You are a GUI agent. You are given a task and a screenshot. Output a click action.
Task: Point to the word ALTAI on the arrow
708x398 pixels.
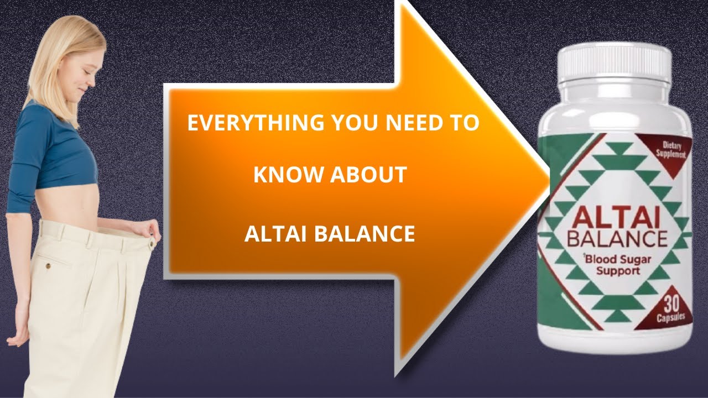(275, 234)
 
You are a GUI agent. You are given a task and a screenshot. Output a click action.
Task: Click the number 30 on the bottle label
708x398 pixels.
(669, 305)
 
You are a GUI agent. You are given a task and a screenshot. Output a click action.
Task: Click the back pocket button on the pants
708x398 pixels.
(48, 266)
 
